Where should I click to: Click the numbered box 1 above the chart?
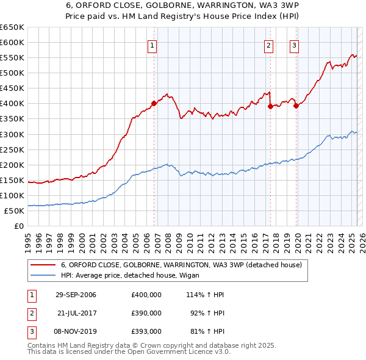(151, 45)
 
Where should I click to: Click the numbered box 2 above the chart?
(268, 45)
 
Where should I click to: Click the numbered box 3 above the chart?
(293, 45)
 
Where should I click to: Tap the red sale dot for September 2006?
(154, 103)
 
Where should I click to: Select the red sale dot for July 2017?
(270, 106)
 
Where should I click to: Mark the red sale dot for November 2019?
(296, 106)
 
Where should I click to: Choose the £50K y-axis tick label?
(14, 211)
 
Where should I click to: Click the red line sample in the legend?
(42, 265)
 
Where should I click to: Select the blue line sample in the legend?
(42, 275)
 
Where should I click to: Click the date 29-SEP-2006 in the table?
(76, 295)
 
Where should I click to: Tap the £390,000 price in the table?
(146, 313)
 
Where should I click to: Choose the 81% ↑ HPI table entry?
(204, 331)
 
